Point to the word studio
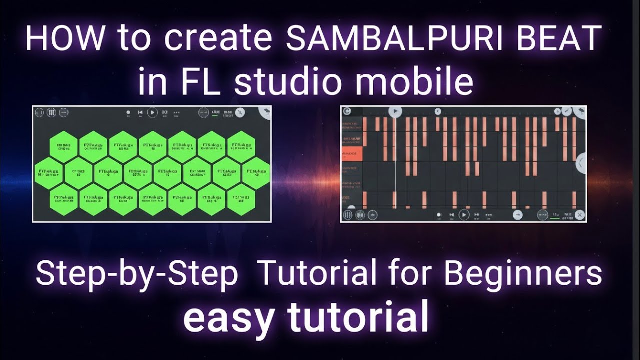tap(290, 83)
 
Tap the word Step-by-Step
tap(136, 274)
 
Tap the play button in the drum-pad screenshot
tap(153, 113)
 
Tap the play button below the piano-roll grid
tap(464, 215)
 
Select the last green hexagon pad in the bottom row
tap(242, 199)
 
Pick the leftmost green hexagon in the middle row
tap(48, 173)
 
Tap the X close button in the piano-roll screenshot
tap(579, 215)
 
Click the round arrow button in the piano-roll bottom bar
tap(518, 215)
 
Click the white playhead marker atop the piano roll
tap(395, 111)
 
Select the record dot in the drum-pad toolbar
tap(128, 113)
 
